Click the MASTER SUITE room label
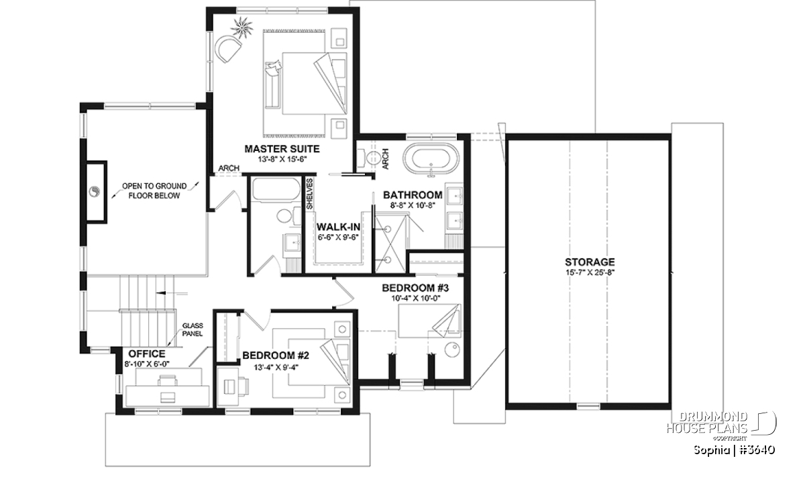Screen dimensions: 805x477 282,149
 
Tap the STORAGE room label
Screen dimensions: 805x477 590,262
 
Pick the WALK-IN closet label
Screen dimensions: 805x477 338,227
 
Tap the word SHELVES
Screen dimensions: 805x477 309,194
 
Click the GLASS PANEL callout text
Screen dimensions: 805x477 193,329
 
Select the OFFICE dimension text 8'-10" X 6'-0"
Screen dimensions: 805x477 147,364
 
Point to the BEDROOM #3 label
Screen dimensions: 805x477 415,288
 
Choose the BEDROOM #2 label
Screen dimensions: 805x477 276,356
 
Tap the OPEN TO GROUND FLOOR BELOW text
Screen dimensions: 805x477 154,191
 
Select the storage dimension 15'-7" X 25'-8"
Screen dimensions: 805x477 590,272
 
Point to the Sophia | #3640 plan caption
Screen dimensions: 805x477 734,449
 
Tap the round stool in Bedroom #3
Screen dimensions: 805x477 452,349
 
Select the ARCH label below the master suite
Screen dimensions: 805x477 229,168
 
